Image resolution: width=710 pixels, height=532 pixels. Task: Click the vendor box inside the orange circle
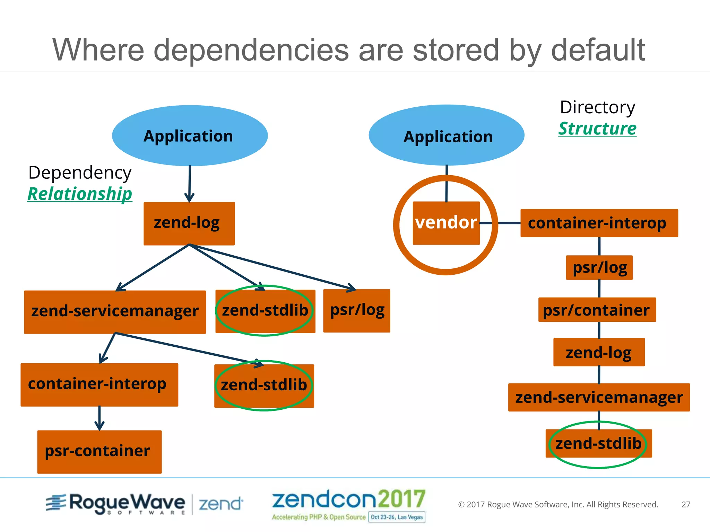pos(446,223)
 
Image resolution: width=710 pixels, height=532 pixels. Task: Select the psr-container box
pos(99,451)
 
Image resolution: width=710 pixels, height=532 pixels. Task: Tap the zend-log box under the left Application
pos(189,223)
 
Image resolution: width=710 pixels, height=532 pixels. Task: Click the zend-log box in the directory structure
pos(599,352)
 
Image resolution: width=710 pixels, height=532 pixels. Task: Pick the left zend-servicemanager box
pos(115,312)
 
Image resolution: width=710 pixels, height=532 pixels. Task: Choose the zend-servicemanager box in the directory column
pos(599,397)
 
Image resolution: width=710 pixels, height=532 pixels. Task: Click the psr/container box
pos(597,310)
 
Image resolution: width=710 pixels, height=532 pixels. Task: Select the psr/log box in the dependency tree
pos(356,311)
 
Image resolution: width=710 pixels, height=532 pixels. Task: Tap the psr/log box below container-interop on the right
pos(599,267)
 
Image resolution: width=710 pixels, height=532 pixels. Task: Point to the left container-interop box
pos(99,384)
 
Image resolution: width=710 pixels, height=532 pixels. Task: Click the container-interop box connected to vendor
pos(599,223)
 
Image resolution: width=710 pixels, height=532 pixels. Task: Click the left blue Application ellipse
pos(190,135)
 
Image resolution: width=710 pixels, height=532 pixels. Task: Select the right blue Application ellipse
pos(446,135)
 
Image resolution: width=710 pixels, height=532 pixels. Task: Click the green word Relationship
pos(80,194)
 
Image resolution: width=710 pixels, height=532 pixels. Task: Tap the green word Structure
pos(597,128)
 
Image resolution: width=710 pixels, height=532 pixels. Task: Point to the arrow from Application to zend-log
pos(190,184)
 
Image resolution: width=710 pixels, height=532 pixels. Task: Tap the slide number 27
pos(686,504)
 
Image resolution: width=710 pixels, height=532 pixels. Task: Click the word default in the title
pos(598,50)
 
